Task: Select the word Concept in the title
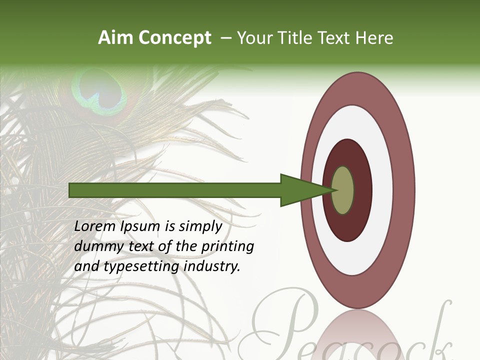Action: [x=175, y=38]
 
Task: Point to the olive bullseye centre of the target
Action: [x=343, y=190]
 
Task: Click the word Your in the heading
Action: [x=252, y=38]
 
